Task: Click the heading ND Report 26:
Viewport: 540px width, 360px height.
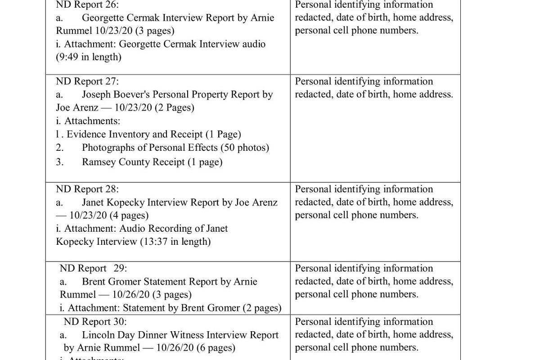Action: click(87, 5)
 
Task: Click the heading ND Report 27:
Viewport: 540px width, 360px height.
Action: click(87, 81)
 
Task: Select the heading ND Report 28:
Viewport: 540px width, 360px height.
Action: click(87, 189)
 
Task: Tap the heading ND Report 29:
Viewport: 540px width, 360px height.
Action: click(93, 269)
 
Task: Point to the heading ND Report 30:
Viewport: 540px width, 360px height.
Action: click(95, 322)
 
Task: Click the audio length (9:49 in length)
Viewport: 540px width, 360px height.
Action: click(89, 57)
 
